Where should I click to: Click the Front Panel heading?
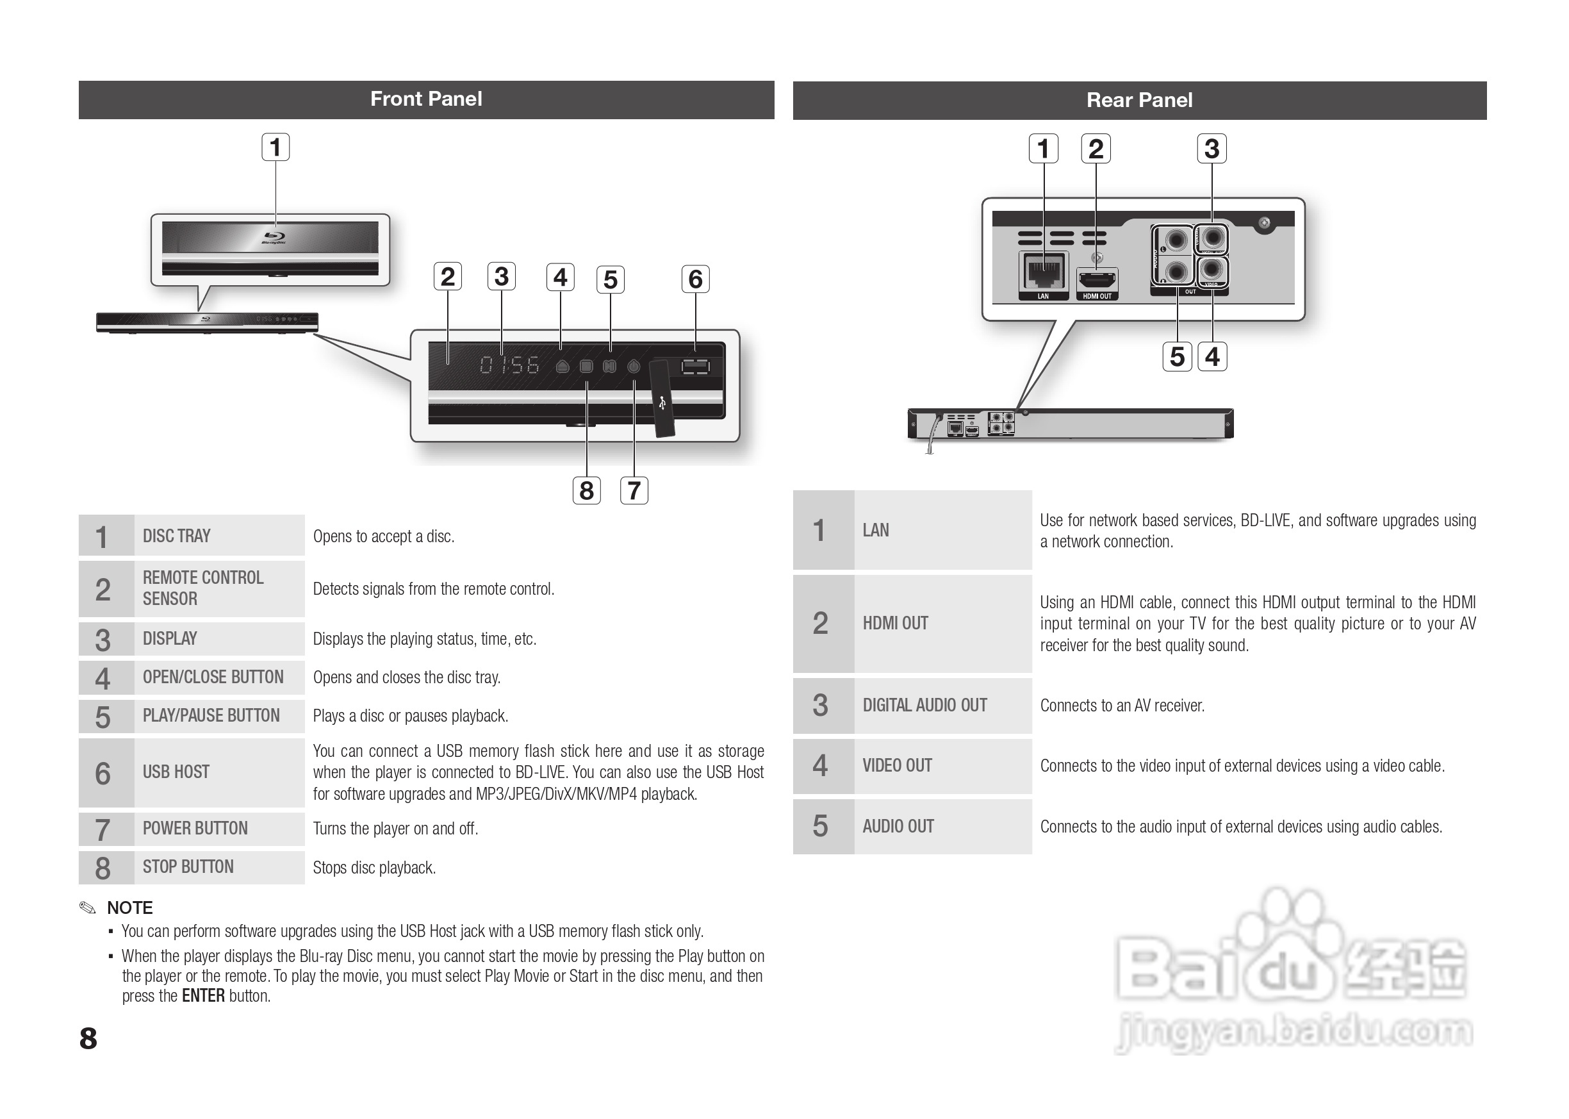425,99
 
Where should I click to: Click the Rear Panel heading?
1139,101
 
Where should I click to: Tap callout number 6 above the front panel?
695,279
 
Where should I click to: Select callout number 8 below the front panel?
586,490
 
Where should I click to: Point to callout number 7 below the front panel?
634,490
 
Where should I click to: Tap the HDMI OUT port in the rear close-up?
1097,281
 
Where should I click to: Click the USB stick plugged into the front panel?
661,400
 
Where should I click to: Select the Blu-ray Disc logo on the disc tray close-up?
274,238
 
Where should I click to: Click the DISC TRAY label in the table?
176,536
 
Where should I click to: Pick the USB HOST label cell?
176,772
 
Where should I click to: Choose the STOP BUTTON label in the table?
188,867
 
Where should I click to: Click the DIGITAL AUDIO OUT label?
924,706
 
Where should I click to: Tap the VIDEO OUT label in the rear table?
897,765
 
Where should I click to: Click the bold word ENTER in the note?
203,997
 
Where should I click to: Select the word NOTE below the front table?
129,908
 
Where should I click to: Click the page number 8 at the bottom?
88,1038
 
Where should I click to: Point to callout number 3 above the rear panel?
1212,149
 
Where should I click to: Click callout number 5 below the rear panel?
1177,357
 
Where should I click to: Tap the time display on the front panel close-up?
510,365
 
